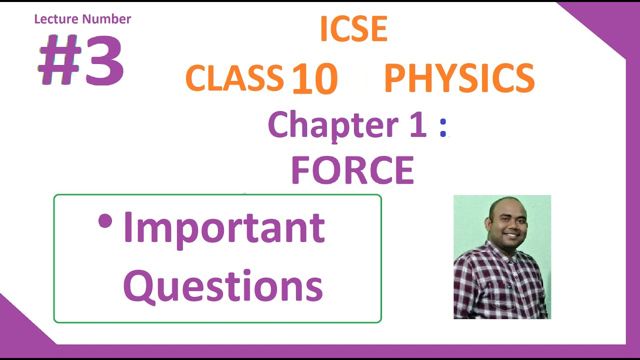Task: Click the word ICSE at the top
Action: pyautogui.click(x=353, y=29)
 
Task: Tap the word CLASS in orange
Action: pyautogui.click(x=234, y=78)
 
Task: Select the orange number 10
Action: pyautogui.click(x=314, y=79)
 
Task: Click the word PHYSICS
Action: pyautogui.click(x=459, y=78)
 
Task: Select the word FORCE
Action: pyautogui.click(x=352, y=170)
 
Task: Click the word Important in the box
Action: pyautogui.click(x=224, y=227)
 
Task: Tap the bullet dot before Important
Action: pyautogui.click(x=105, y=220)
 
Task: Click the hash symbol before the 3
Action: pyautogui.click(x=58, y=60)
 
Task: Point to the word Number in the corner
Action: pyautogui.click(x=106, y=19)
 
